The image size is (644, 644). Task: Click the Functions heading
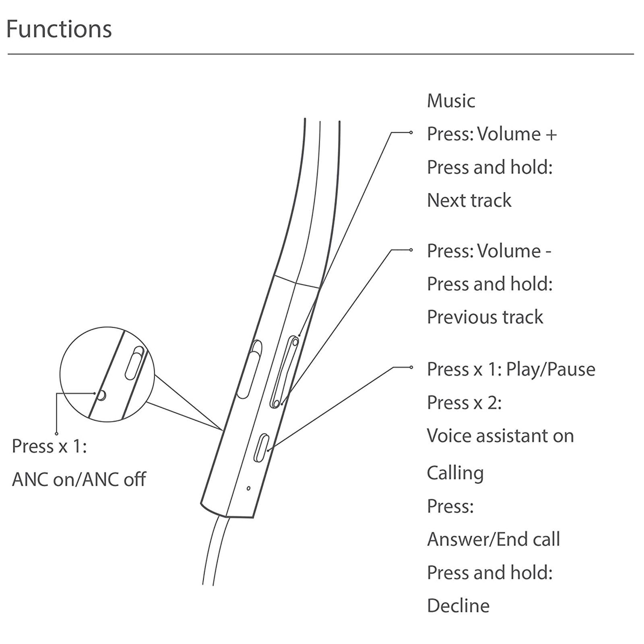point(59,29)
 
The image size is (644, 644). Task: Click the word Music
point(451,101)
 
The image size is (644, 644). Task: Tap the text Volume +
point(517,134)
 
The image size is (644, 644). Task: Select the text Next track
point(469,200)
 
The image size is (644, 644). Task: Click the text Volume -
point(514,251)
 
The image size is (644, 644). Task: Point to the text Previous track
point(485,317)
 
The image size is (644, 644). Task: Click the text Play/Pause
point(550,369)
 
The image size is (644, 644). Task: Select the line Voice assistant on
point(500,436)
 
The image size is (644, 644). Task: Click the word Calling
point(455,473)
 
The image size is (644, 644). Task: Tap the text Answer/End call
point(493,539)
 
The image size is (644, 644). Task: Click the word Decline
point(458,606)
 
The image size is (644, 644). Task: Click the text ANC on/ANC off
point(79,479)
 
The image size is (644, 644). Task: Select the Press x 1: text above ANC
point(49,446)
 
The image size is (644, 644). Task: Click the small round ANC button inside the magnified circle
point(101,395)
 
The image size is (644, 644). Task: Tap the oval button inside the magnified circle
point(134,363)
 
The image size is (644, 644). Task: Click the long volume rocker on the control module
point(285,372)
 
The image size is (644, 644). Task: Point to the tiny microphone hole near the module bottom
point(248,488)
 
